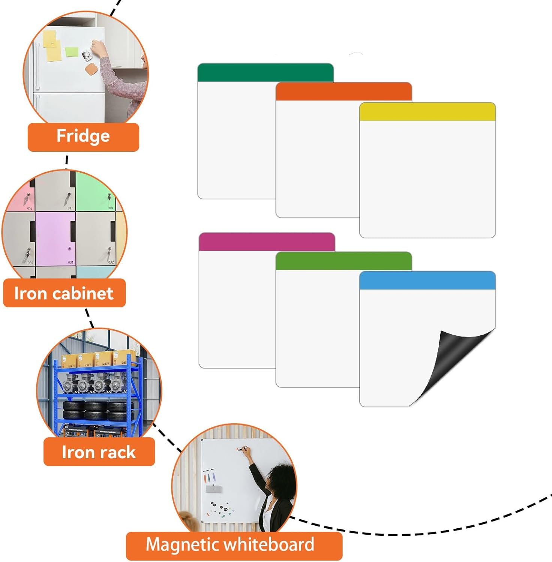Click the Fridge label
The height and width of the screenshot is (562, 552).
tap(83, 137)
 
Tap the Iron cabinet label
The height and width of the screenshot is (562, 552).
tap(64, 293)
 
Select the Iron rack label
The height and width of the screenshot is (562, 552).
tap(99, 452)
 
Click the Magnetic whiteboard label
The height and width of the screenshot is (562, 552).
tap(234, 546)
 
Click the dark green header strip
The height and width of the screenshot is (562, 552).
tap(265, 72)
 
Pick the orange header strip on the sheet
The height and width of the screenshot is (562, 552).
tap(344, 92)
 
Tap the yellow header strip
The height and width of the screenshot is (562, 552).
tap(427, 111)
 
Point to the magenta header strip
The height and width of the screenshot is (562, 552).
tap(267, 242)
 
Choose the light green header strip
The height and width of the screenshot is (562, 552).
tap(344, 261)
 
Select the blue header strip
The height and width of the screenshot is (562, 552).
tap(427, 280)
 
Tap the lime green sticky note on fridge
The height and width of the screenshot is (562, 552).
tap(72, 52)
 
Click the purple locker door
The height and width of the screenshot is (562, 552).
tap(55, 239)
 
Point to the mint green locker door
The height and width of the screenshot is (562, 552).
tap(96, 191)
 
